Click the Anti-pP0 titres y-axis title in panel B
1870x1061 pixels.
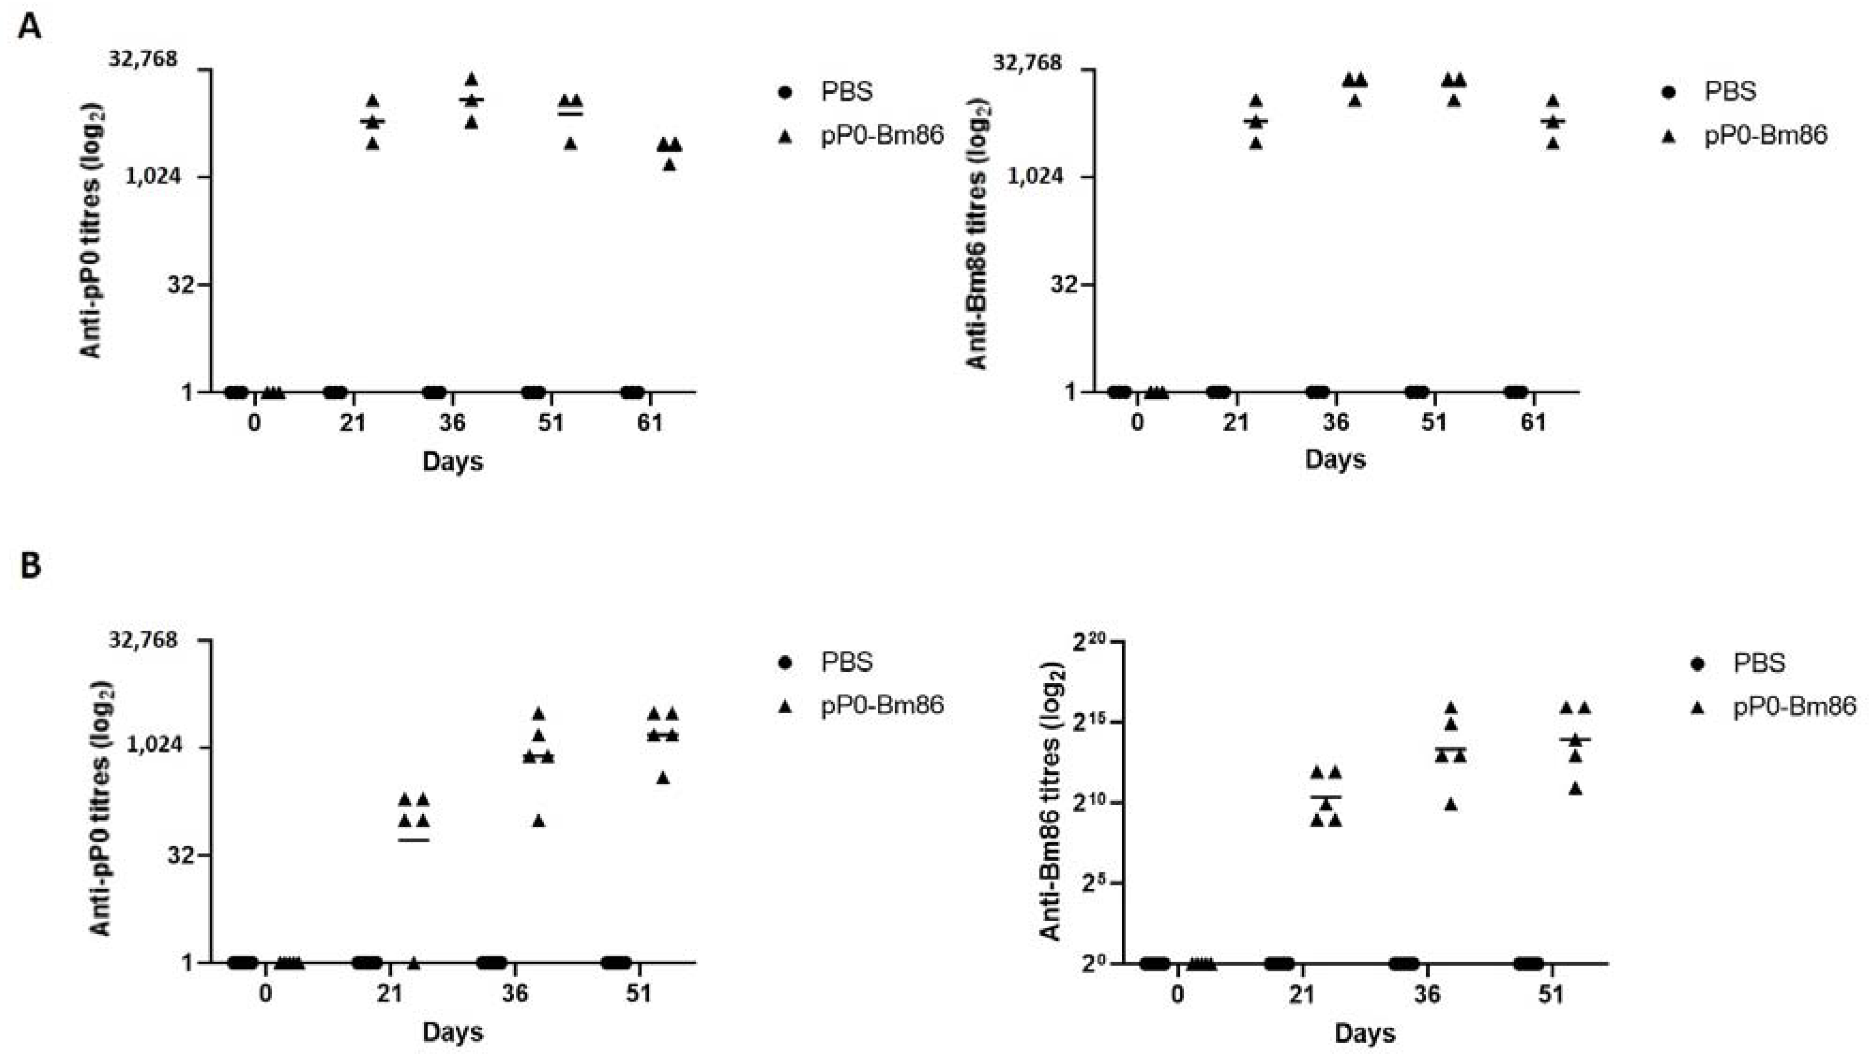(x=102, y=809)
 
